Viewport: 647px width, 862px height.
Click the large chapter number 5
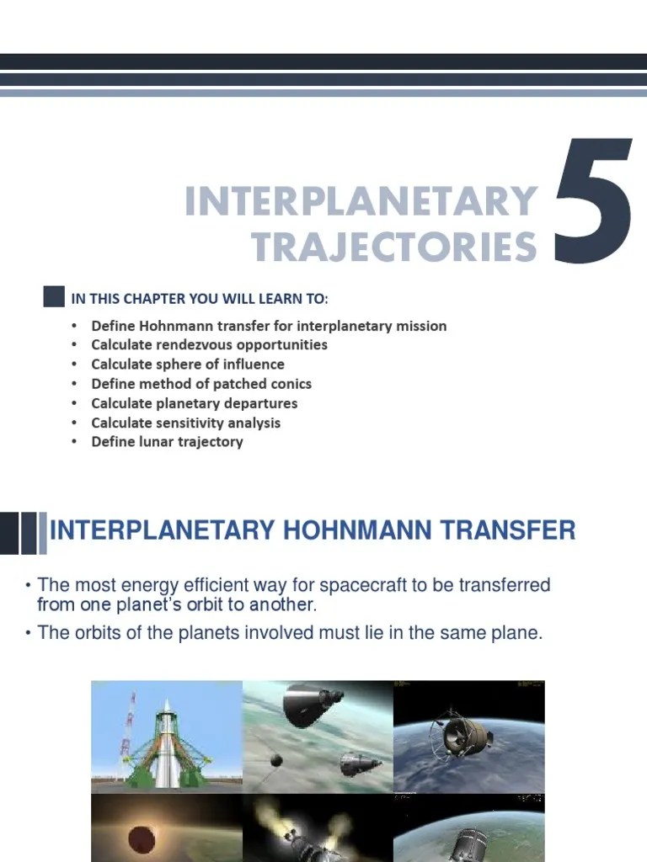[x=594, y=202]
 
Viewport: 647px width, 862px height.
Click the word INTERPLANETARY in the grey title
[x=361, y=202]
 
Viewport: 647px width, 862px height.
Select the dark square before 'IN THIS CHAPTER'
[x=54, y=296]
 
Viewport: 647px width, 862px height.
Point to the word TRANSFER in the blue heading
[x=514, y=531]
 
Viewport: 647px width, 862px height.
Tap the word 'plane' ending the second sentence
[x=516, y=633]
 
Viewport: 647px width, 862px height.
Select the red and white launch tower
[x=129, y=732]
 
